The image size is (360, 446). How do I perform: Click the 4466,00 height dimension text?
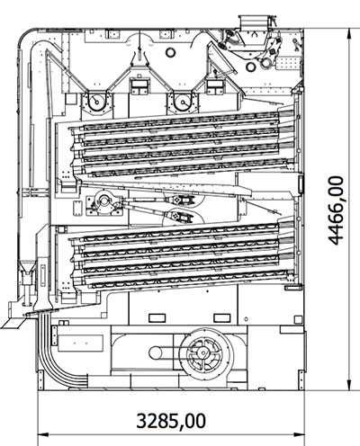[x=336, y=211]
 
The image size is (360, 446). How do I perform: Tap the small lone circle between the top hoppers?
[x=171, y=52]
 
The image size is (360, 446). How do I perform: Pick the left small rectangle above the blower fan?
[x=156, y=316]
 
